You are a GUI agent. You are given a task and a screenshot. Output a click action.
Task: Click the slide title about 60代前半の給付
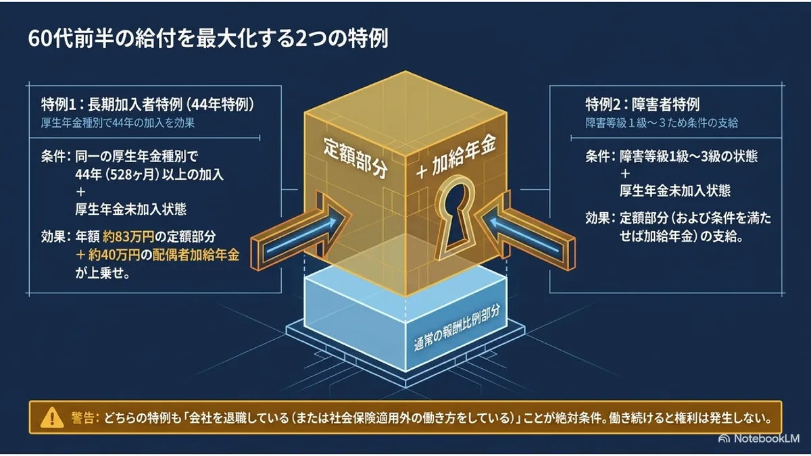208,39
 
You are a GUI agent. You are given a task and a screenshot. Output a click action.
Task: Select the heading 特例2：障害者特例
643,105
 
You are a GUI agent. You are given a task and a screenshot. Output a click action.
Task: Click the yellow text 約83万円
128,236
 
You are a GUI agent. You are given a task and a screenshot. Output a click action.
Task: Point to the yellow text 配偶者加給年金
196,255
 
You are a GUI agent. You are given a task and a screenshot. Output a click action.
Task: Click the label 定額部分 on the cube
355,157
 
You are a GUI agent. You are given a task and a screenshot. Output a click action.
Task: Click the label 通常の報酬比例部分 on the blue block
457,328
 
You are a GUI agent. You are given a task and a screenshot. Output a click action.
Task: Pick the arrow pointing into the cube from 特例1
301,232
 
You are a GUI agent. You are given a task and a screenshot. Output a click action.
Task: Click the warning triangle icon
53,417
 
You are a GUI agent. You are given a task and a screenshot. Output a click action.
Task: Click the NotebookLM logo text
766,438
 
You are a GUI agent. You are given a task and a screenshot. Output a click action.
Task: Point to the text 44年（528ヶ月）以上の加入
149,175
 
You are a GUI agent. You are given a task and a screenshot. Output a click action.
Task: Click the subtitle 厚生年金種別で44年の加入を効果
118,123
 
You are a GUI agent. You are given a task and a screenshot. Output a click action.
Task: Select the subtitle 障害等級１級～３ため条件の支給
662,123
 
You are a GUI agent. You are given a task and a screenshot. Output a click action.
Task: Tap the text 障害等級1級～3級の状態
688,156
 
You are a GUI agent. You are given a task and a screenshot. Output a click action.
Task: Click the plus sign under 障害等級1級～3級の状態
625,174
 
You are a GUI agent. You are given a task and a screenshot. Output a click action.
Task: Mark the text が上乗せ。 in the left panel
103,274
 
